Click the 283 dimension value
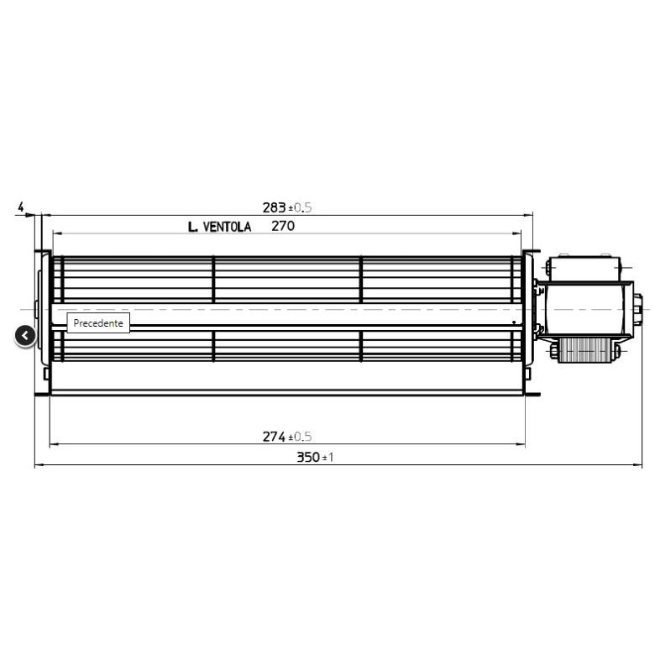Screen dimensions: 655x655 (x=274, y=207)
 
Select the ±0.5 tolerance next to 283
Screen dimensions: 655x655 (x=300, y=208)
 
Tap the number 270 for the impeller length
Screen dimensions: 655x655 (x=283, y=226)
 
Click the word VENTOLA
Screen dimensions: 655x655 (x=227, y=227)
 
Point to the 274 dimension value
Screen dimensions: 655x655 (x=274, y=437)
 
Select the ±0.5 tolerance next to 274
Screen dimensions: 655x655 (x=300, y=438)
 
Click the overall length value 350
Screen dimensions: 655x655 (x=307, y=458)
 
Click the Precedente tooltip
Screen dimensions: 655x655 (x=98, y=323)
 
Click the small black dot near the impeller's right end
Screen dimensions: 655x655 (x=513, y=321)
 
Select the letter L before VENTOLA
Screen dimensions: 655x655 (x=191, y=227)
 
